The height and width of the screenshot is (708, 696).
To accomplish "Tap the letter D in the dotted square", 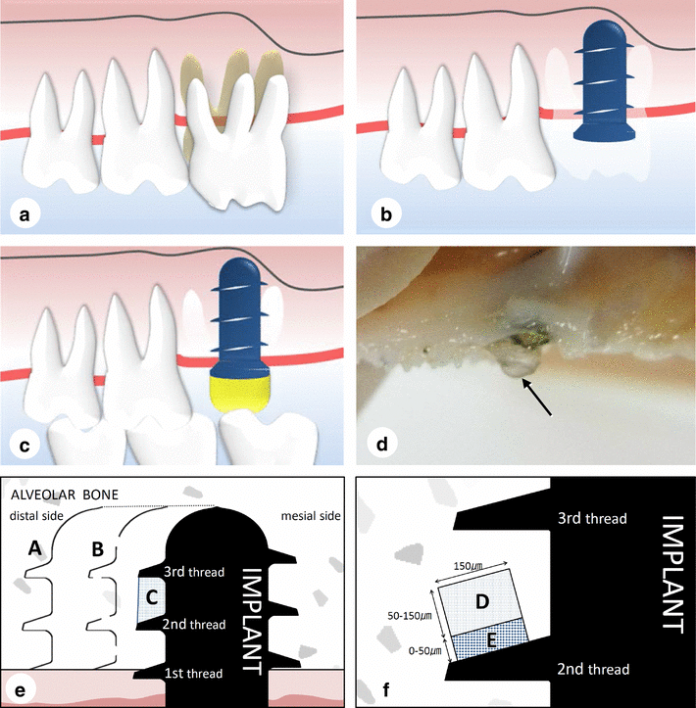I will coord(479,597).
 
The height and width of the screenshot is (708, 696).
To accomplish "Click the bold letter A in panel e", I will coord(34,550).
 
